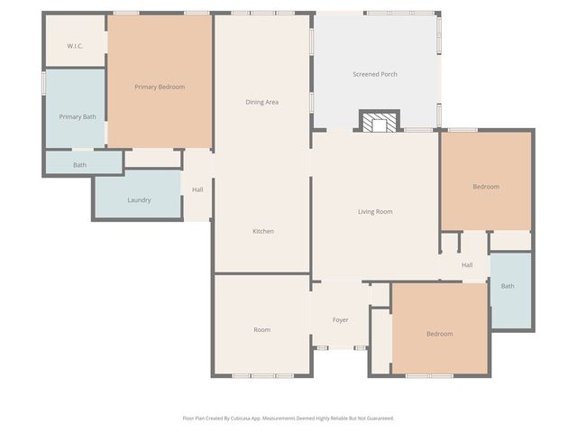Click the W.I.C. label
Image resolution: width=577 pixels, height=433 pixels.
click(75, 45)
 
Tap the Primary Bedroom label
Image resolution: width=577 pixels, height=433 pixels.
click(160, 87)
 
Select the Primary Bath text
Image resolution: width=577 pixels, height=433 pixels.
click(78, 116)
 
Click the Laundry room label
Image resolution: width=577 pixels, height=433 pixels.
click(139, 200)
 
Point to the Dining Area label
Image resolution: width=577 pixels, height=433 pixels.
click(261, 102)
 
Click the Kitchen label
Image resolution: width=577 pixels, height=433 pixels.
click(262, 232)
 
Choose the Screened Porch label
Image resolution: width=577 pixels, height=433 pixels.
click(374, 74)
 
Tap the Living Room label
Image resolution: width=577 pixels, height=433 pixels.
click(375, 212)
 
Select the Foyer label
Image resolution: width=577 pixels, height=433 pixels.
click(340, 320)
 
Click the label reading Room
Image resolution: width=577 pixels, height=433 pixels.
click(261, 330)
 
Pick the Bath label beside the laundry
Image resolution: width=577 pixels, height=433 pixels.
click(80, 165)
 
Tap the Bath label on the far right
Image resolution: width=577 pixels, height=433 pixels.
click(508, 287)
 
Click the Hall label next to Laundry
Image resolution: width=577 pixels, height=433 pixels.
click(197, 189)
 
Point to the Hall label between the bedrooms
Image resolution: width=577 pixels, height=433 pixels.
click(467, 265)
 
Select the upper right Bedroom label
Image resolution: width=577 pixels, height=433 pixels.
click(486, 187)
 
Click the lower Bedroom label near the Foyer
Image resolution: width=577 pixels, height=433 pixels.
click(439, 334)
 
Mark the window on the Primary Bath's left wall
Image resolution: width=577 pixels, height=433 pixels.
click(43, 83)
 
